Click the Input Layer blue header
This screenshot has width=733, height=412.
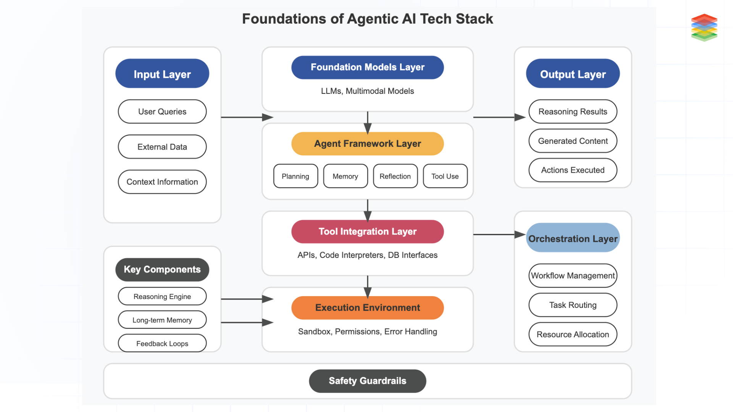(162, 74)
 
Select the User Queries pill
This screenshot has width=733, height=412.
(162, 112)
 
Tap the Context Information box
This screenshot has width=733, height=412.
(162, 182)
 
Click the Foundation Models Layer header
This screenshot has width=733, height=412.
(367, 68)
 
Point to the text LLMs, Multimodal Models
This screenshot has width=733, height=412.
(367, 91)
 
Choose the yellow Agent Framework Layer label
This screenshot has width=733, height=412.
(367, 144)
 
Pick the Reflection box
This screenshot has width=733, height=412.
(395, 176)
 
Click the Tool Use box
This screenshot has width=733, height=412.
(445, 176)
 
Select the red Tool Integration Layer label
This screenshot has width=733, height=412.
(367, 232)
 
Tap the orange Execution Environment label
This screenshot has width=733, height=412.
(367, 308)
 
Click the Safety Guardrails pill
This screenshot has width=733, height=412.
(367, 381)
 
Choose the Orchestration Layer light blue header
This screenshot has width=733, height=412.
(573, 238)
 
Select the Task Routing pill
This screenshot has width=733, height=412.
(573, 305)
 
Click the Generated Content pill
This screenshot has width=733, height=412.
(573, 141)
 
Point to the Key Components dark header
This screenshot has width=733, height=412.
(162, 270)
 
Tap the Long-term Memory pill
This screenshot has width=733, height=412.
(162, 320)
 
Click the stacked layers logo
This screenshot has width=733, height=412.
(704, 27)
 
